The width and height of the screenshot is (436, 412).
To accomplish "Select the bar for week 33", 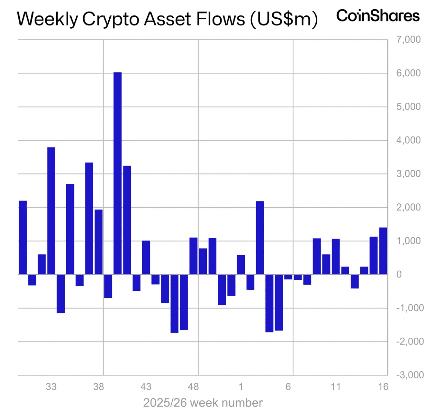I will [51, 211].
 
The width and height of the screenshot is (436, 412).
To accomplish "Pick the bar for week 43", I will [146, 257].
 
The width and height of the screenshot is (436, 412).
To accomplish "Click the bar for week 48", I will [193, 256].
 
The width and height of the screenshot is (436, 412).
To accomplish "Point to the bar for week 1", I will [241, 265].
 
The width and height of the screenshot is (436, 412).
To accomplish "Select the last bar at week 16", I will [383, 251].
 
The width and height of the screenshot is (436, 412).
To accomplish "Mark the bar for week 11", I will [336, 257].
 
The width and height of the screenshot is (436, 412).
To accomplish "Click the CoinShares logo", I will [378, 16].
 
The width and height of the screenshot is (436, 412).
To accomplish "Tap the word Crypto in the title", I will [111, 19].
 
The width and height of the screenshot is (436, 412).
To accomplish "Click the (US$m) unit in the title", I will [283, 19].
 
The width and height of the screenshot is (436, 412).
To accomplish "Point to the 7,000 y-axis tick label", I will [408, 40].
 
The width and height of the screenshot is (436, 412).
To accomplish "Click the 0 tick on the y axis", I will [399, 274].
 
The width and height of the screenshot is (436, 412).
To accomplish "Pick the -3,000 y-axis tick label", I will [410, 375].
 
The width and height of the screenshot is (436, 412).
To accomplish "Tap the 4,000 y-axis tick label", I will [408, 140].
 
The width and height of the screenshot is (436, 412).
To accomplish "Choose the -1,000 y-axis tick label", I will [410, 308].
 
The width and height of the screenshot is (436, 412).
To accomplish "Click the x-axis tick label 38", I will [99, 387].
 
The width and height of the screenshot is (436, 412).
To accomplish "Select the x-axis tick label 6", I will [288, 387].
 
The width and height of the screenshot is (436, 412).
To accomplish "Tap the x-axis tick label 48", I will [193, 387].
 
